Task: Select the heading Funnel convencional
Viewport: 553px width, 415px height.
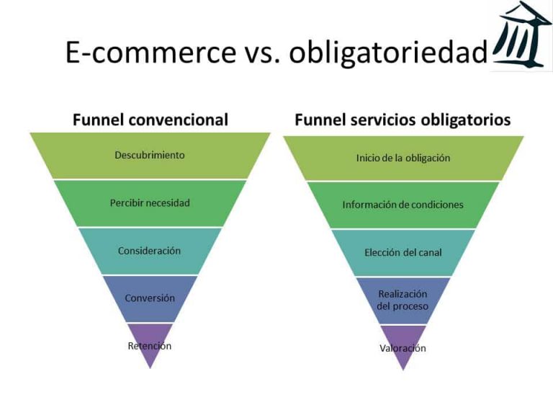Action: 150,119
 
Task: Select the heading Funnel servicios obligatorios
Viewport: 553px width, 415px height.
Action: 403,119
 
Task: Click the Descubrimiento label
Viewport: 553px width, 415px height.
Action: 150,155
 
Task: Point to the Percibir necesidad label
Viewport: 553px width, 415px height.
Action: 150,202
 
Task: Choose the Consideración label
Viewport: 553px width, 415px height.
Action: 150,251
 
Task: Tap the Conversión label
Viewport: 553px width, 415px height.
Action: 150,298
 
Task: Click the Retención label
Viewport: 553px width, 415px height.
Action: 150,345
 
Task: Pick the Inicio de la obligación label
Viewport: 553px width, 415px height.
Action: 403,158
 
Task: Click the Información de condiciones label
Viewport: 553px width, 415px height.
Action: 403,205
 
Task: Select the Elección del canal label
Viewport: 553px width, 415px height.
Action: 403,252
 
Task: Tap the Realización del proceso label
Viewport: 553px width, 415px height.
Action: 403,300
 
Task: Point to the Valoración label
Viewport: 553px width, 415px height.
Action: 403,348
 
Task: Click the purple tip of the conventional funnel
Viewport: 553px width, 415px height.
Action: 150,357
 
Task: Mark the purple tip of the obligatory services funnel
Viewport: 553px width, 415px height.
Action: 403,360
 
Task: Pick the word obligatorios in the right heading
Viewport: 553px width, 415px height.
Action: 467,119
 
